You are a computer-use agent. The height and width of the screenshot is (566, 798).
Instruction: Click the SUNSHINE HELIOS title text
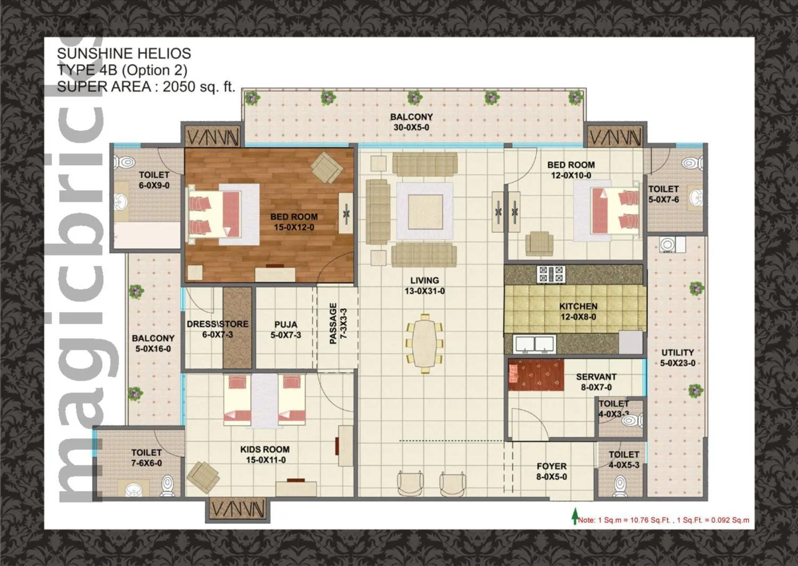[x=123, y=53]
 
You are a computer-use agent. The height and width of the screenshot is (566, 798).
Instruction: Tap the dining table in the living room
[x=424, y=343]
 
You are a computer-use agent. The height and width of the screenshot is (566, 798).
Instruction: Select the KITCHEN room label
[x=578, y=306]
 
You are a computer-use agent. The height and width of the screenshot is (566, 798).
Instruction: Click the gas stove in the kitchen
[x=551, y=274]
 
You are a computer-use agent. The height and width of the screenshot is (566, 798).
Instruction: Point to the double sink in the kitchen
[x=535, y=343]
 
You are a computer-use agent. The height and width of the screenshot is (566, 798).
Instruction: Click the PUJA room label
[x=286, y=324]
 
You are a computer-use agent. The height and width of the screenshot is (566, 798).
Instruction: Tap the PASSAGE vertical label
[x=334, y=323]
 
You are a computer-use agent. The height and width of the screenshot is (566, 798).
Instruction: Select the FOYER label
[x=551, y=466]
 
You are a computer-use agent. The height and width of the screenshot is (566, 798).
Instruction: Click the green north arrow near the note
[x=575, y=516]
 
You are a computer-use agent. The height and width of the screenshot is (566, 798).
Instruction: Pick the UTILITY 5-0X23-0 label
[x=677, y=358]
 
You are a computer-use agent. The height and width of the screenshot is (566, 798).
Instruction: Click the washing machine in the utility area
[x=668, y=245]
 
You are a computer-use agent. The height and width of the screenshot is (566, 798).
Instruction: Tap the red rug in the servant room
[x=536, y=375]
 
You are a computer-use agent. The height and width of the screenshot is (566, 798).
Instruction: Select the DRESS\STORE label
[x=217, y=324]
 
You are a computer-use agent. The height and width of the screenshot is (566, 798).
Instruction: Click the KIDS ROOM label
[x=265, y=449]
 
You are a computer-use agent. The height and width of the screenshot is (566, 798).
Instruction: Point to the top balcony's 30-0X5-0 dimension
[x=411, y=128]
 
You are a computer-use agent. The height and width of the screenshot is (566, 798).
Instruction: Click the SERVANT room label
[x=596, y=377]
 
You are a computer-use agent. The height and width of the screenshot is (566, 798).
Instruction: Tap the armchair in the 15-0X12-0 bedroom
[x=327, y=167]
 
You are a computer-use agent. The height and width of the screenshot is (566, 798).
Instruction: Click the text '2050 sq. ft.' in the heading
[x=198, y=87]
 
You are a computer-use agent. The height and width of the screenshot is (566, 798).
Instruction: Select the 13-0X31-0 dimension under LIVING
[x=425, y=291]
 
